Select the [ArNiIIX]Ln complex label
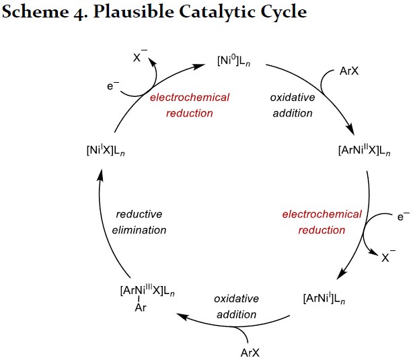(x=364, y=149)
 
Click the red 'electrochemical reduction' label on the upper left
(x=189, y=105)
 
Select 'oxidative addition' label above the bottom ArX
(x=236, y=306)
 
